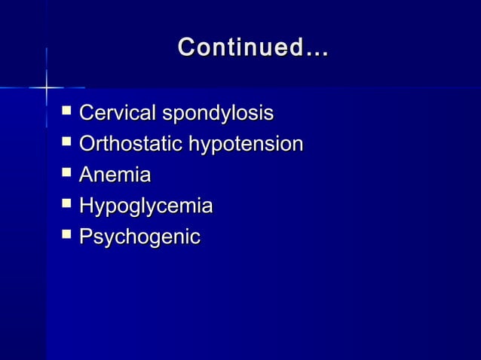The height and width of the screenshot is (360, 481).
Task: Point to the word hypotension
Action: coord(247,145)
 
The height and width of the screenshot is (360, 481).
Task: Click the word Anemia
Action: coord(115,175)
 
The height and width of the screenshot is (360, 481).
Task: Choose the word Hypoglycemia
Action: coord(146,206)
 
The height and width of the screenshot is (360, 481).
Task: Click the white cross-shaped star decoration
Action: coord(46,87)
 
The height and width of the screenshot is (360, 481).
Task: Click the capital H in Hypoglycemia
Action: coord(87,206)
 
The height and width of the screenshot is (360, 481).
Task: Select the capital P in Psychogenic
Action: coord(86,236)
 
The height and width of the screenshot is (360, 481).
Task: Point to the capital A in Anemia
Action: coord(87,175)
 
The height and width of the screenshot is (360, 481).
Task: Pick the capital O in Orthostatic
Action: coord(87,144)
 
